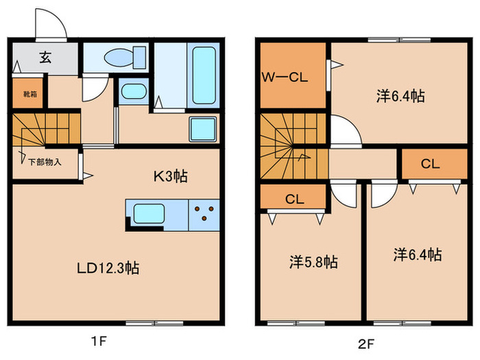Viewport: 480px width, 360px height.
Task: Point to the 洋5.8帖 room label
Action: [x=312, y=261]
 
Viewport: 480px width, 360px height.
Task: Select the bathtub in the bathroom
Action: [x=203, y=75]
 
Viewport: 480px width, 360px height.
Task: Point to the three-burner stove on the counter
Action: [x=205, y=214]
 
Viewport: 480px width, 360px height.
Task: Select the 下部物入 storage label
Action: [x=45, y=163]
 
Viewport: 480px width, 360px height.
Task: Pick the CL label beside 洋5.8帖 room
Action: [x=294, y=200]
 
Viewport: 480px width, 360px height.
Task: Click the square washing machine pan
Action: [x=204, y=129]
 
